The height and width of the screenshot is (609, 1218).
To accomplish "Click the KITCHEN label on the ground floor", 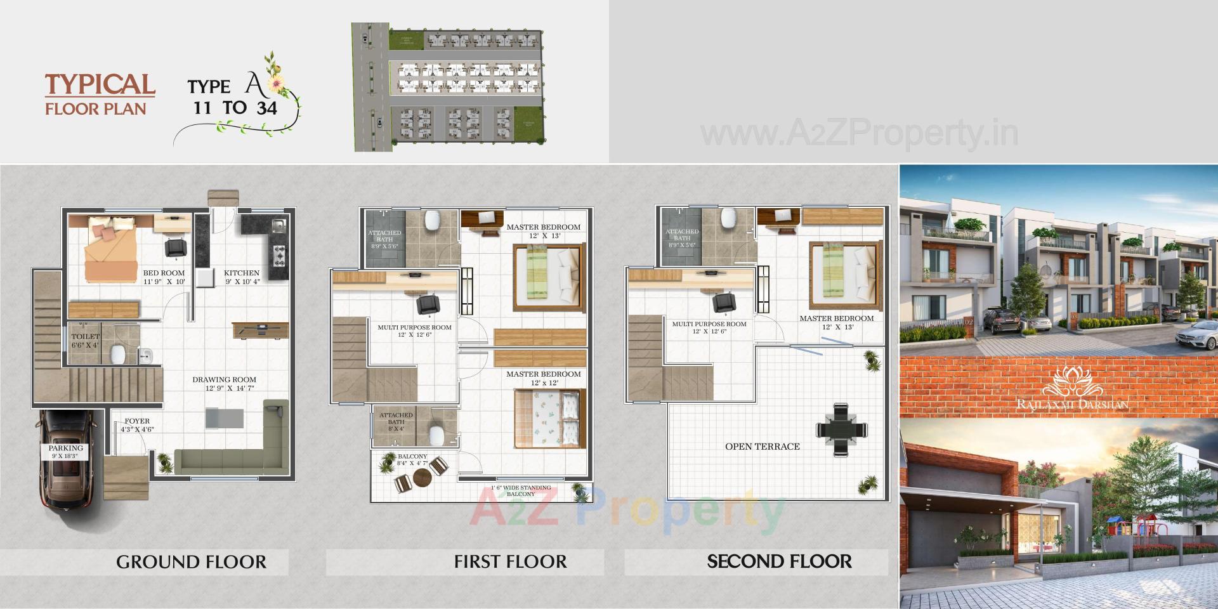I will click(x=242, y=273).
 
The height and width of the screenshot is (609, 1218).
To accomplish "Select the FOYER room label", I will click(x=137, y=421).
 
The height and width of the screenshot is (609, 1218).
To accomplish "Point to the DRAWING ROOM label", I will click(x=225, y=380).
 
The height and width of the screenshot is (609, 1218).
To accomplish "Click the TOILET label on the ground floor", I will click(x=85, y=337).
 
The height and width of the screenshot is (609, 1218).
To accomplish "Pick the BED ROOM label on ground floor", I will click(x=164, y=273).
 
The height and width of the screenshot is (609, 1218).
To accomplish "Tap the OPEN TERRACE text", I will click(x=763, y=447).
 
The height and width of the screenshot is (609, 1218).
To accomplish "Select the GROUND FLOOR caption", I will click(x=191, y=562).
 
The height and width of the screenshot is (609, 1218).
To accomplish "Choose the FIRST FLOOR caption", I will click(x=510, y=562).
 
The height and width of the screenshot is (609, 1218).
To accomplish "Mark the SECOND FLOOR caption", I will click(x=779, y=562).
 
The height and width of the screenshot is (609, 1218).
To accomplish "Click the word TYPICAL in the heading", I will click(x=100, y=85).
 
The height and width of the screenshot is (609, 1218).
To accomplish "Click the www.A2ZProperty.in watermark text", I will click(x=859, y=134).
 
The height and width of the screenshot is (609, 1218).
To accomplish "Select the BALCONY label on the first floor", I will click(x=412, y=456).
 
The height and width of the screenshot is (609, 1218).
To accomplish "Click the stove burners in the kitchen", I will click(x=279, y=256).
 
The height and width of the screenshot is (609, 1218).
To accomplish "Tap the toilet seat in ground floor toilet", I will click(x=117, y=353).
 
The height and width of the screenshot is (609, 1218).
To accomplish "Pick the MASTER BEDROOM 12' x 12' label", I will click(x=543, y=374).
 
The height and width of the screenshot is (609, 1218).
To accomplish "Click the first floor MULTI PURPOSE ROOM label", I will click(x=414, y=327).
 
